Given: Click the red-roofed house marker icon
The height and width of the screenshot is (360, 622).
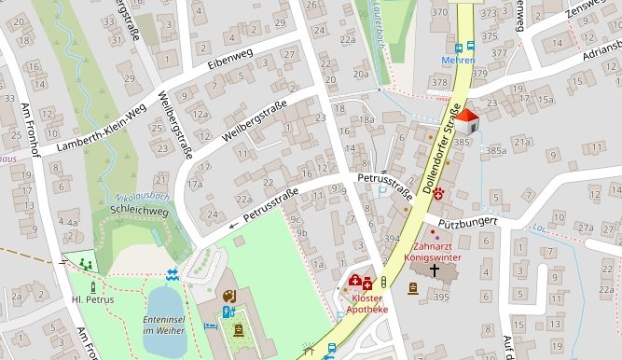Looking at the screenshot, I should coord(467,120).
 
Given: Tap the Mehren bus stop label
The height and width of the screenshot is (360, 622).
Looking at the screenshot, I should coord(458,61).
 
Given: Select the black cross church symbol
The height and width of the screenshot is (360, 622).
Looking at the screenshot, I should coord(434,270).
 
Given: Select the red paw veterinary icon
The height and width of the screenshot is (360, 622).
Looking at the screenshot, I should coord(437,189).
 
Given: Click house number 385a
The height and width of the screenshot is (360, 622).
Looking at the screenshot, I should coord(495,149).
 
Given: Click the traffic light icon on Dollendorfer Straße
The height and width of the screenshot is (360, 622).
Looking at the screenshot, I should coord(383,281).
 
